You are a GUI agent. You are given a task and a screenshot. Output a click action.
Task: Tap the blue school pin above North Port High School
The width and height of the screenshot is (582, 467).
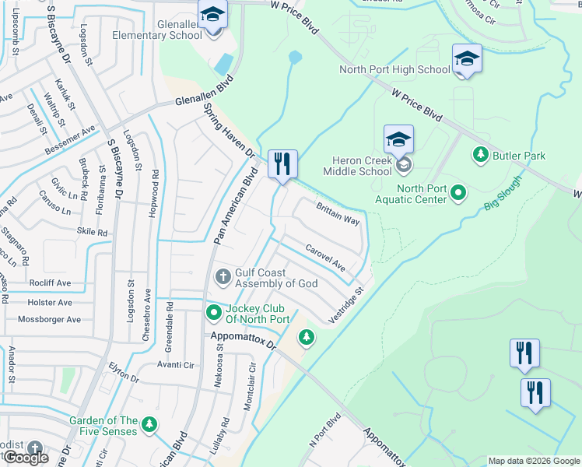click(467, 59)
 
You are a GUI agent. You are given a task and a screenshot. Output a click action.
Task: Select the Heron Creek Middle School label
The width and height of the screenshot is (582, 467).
click(357, 170)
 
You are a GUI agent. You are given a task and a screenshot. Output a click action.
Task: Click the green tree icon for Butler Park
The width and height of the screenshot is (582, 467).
click(480, 156)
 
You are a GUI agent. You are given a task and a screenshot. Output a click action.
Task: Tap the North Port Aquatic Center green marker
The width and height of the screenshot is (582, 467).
click(458, 191)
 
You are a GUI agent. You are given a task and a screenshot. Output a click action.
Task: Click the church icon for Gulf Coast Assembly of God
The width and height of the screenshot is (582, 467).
click(223, 276)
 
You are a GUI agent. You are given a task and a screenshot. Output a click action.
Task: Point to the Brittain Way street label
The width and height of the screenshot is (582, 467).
click(337, 215)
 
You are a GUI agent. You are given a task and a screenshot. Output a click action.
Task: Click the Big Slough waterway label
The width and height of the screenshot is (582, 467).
click(503, 195)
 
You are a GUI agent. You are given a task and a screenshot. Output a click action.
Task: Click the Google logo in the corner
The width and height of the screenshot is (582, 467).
click(25, 457)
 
